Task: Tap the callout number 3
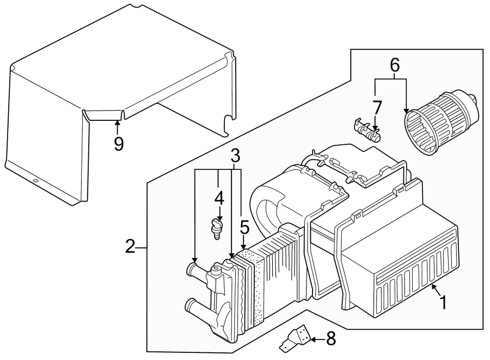pyautogui.click(x=235, y=155)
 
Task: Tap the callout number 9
pyautogui.click(x=118, y=144)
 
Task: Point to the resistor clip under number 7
pyautogui.click(x=366, y=130)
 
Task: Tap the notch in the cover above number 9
pyautogui.click(x=103, y=114)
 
